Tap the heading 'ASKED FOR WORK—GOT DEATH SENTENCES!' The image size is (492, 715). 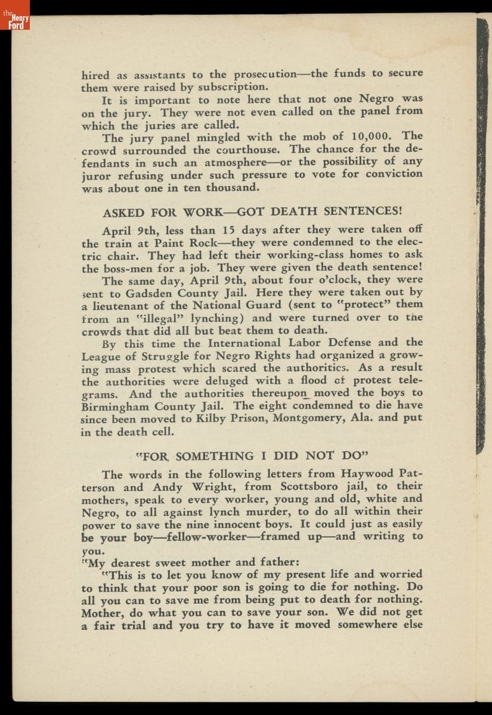click(253, 212)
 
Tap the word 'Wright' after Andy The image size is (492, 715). click(199, 487)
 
